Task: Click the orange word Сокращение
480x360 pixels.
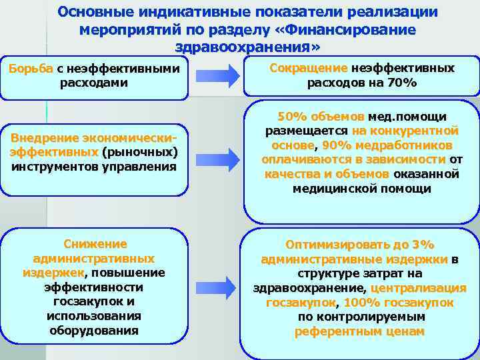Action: pyautogui.click(x=308, y=68)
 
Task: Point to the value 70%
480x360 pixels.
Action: pyautogui.click(x=403, y=83)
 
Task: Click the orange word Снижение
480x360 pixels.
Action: pyautogui.click(x=95, y=244)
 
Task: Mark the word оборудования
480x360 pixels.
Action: pyautogui.click(x=95, y=330)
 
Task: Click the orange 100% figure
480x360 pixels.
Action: pyautogui.click(x=361, y=303)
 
